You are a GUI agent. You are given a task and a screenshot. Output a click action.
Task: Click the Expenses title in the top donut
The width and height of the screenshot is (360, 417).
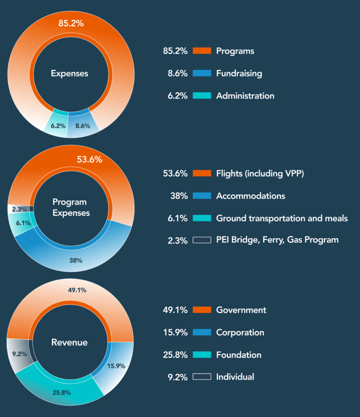pos(70,74)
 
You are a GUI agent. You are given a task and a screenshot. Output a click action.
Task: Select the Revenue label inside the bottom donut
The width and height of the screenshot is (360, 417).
pos(70,342)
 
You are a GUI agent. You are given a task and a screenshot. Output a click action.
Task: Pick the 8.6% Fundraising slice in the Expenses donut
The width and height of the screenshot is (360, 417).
pos(83,125)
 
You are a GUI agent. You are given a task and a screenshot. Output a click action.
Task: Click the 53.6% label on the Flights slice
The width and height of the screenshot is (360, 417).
pos(89,160)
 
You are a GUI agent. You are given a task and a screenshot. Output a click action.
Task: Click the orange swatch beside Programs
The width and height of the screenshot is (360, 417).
pos(202,51)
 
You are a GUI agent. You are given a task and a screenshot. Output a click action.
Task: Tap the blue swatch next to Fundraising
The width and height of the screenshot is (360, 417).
pos(202,73)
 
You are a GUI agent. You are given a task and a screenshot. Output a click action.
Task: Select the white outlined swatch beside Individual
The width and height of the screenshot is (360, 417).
pos(202,377)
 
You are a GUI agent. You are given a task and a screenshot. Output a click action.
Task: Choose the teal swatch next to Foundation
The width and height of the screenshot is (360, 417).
pos(202,355)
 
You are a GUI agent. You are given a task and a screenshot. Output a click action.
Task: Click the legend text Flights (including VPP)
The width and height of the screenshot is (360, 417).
pos(260,173)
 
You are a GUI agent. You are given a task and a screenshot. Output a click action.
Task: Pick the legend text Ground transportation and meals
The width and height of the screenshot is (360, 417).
pos(282,218)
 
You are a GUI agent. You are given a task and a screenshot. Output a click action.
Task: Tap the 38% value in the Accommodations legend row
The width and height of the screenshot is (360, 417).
pos(179,196)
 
